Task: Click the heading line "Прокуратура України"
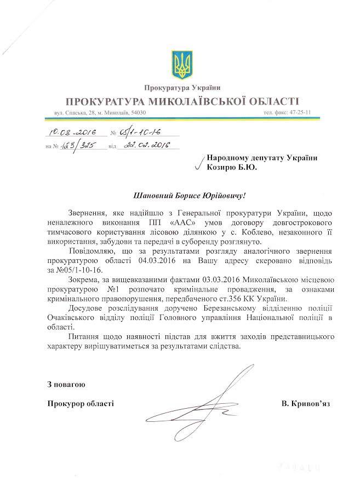(x=180, y=88)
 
